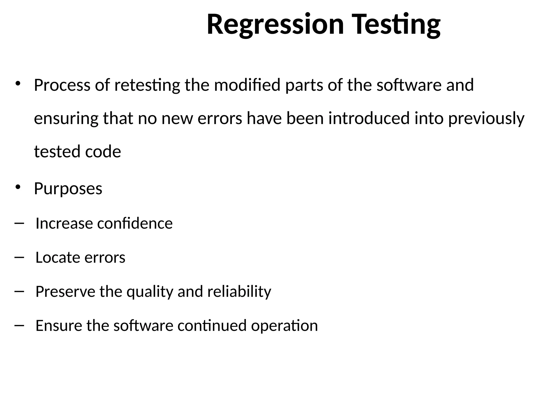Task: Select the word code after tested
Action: point(103,152)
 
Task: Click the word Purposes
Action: point(68,189)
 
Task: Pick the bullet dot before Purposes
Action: point(18,187)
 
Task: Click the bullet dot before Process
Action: point(18,83)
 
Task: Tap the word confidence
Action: point(135,224)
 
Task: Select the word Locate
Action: point(58,258)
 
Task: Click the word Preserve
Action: point(65,292)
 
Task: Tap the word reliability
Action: point(239,292)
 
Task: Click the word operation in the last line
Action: point(284,326)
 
